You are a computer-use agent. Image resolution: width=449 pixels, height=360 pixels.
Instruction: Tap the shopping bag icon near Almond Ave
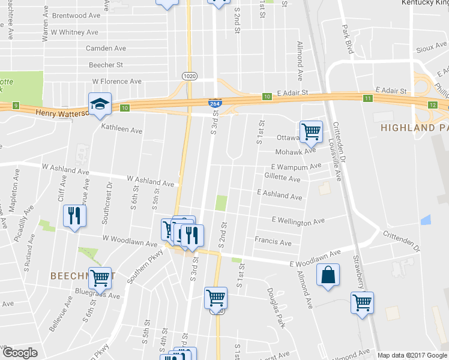[x=328, y=275]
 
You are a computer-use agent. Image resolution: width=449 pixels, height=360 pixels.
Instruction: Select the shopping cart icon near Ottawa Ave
[x=311, y=131]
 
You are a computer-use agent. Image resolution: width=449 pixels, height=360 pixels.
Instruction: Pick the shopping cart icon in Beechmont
[x=100, y=278]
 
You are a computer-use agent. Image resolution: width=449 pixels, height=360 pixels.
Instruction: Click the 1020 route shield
[x=189, y=75]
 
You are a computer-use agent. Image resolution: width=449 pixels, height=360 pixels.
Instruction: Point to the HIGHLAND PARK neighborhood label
[x=415, y=128]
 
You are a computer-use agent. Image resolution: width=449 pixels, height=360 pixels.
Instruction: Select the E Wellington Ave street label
[x=298, y=221]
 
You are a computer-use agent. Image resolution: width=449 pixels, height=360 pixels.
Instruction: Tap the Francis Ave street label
[x=273, y=242]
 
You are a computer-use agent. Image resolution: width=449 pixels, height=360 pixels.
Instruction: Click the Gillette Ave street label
[x=282, y=179]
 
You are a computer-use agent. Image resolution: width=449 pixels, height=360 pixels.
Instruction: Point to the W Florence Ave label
[x=116, y=81]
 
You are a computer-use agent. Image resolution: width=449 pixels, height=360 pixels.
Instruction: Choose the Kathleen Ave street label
[x=121, y=129]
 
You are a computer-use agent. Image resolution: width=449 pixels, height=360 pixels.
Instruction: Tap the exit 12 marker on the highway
[x=433, y=104]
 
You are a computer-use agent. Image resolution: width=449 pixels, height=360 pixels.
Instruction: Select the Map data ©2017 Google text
[x=412, y=355]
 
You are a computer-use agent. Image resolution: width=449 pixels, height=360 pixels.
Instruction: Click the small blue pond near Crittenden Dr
[x=426, y=220]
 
